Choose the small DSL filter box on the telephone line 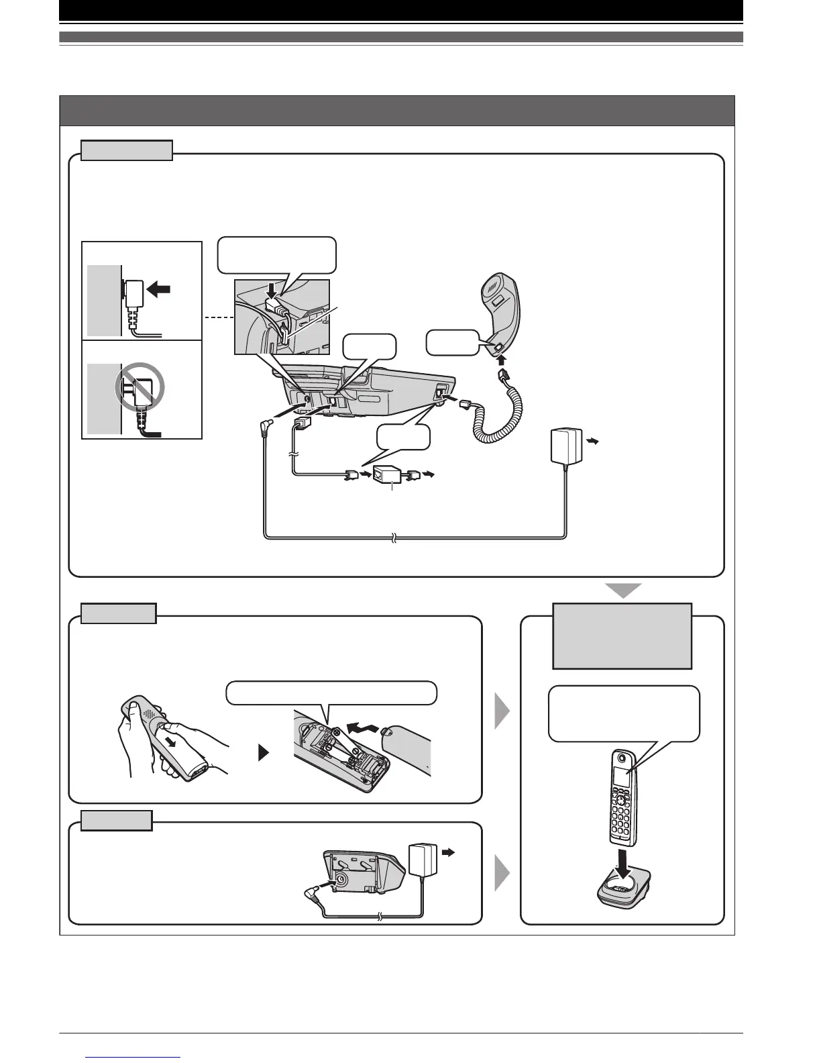387,474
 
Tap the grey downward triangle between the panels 624,591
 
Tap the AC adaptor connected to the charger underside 421,860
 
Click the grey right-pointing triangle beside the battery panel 502,711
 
